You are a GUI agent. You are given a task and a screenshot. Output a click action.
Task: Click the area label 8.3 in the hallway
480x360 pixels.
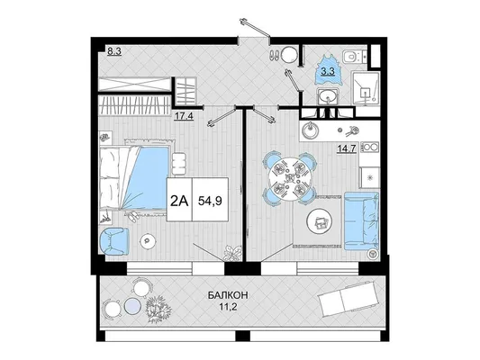(x=114, y=51)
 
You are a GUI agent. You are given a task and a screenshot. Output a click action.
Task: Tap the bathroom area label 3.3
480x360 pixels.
(x=328, y=72)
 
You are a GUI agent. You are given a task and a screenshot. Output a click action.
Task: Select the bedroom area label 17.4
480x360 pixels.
(x=184, y=116)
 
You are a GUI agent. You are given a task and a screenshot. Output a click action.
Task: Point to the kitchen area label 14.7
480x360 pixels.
(x=346, y=148)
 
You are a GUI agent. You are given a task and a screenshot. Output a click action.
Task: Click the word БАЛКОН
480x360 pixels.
(x=228, y=295)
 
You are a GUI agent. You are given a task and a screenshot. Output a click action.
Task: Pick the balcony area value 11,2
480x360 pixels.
(x=228, y=307)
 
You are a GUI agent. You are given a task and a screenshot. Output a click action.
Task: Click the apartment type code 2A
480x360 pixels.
(x=179, y=201)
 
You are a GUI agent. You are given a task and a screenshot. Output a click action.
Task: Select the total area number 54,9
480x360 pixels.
(x=210, y=201)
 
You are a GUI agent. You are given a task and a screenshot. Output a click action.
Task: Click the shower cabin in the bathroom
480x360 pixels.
(x=366, y=88)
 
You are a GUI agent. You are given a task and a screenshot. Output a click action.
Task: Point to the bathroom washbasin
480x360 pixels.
(x=327, y=96)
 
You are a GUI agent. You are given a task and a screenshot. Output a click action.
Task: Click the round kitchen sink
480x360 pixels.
(x=310, y=130)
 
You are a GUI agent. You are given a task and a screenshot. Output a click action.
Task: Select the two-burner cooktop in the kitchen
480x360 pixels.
(x=371, y=148)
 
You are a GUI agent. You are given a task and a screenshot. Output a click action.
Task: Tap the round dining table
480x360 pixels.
(x=288, y=178)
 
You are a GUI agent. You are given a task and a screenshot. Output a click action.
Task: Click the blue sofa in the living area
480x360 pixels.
(x=361, y=220)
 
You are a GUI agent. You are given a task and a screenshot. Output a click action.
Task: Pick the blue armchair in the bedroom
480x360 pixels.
(x=114, y=241)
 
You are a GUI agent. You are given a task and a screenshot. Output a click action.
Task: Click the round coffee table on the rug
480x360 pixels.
(x=319, y=221)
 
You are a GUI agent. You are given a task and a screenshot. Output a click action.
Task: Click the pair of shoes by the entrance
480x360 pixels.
(x=274, y=55)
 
